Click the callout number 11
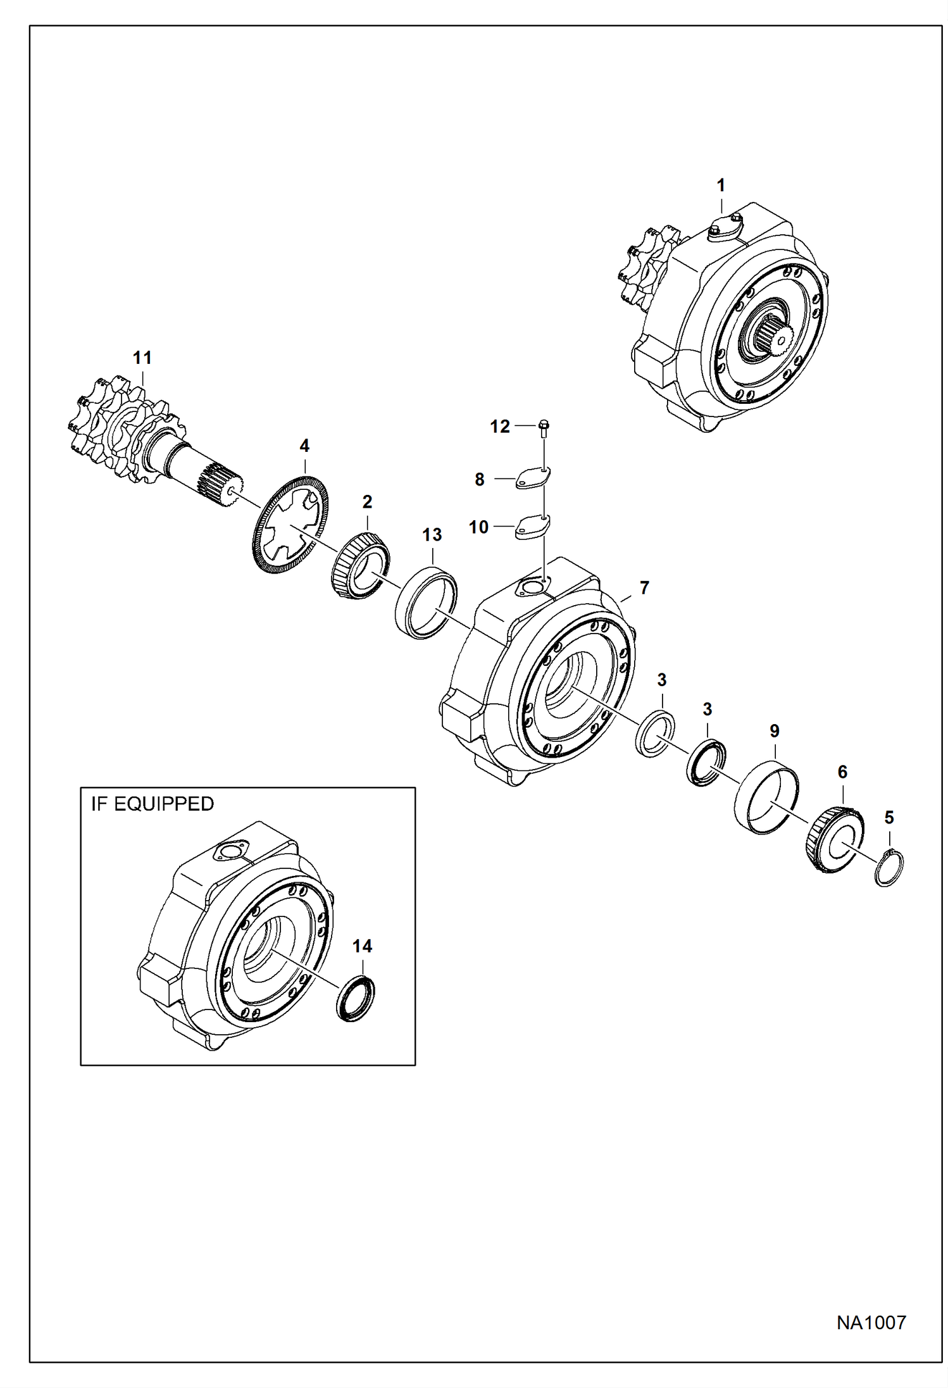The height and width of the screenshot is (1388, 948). point(142,358)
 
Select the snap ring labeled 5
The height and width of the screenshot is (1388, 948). point(889,867)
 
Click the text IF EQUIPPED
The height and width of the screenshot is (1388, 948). point(153,804)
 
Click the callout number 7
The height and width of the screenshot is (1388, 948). point(644,588)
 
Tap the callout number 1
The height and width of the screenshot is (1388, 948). point(720,185)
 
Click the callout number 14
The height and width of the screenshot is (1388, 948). point(362,946)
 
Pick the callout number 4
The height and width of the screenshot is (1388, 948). point(304,446)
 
